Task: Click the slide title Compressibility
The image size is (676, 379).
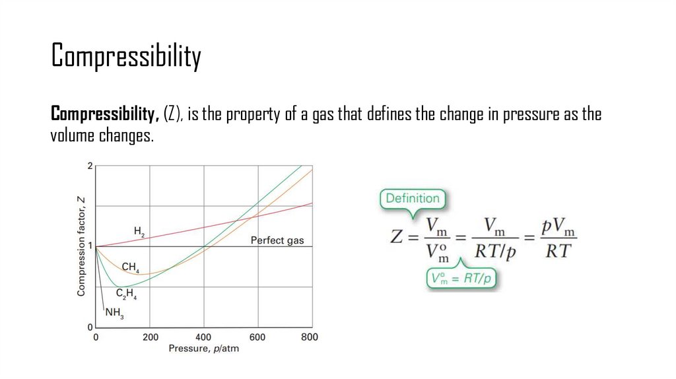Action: [126, 57]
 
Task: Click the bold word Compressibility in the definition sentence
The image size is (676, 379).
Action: [105, 114]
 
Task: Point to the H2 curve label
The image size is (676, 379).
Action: [139, 232]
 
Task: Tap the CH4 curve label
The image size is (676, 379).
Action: [130, 268]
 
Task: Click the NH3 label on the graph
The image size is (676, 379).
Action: [114, 316]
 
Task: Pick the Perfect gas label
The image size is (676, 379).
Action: [277, 240]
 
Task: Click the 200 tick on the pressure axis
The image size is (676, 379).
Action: [150, 337]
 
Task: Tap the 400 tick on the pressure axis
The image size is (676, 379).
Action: [204, 337]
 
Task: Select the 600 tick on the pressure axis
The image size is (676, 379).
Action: [257, 337]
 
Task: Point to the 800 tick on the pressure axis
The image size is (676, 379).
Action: [310, 337]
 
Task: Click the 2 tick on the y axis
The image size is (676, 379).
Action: [90, 166]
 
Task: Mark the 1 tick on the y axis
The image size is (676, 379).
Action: [90, 246]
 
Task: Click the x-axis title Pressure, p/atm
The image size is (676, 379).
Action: [203, 349]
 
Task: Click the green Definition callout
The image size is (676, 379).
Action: [412, 198]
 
